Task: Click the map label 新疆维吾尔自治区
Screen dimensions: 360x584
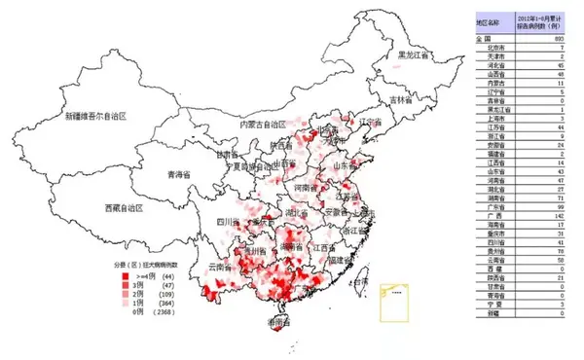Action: coord(93,117)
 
